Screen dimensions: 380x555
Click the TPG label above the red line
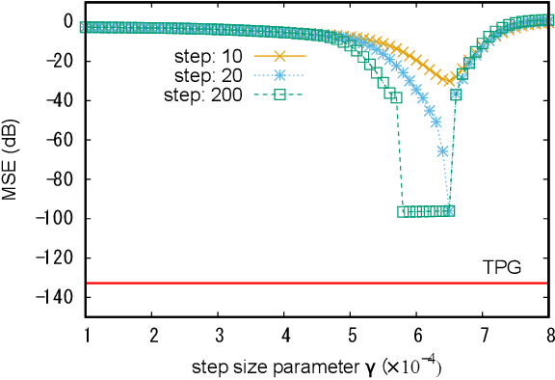(x=501, y=267)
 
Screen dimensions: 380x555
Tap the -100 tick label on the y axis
(x=56, y=219)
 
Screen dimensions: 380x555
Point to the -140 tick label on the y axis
(x=56, y=298)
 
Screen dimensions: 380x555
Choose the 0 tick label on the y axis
(x=68, y=21)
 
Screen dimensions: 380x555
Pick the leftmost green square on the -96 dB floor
(x=403, y=211)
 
